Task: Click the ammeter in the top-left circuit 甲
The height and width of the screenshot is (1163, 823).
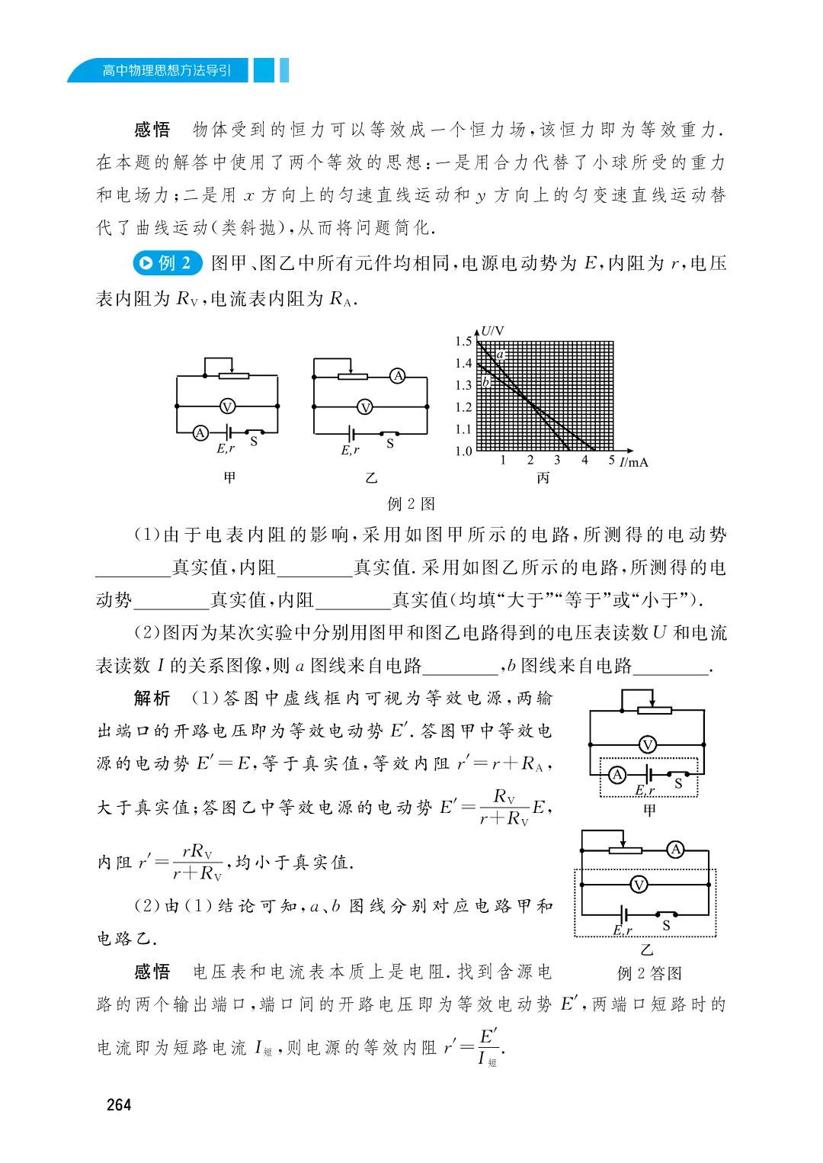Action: [200, 432]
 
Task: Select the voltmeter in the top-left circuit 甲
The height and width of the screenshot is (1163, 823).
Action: [226, 406]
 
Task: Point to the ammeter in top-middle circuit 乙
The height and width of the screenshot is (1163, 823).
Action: [397, 375]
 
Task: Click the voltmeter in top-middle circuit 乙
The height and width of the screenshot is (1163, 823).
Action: [365, 407]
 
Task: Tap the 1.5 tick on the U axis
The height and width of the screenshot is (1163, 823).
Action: [463, 341]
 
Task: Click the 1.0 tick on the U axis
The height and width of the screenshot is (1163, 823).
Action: [463, 451]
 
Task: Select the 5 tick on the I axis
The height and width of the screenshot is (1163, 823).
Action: [611, 460]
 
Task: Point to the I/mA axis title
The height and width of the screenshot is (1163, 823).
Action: [633, 461]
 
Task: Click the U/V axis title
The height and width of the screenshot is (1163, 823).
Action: [492, 331]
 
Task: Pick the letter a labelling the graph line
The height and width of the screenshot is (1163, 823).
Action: [500, 355]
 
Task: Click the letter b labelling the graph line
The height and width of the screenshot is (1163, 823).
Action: [485, 381]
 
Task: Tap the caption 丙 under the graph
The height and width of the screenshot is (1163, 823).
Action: [543, 478]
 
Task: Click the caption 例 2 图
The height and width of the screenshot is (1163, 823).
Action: [411, 503]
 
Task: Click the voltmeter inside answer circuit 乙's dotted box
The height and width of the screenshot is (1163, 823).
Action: [639, 884]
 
